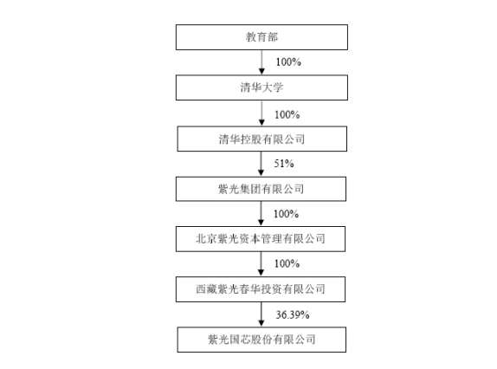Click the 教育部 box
(x=261, y=37)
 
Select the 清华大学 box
(x=261, y=87)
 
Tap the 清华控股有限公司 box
(x=261, y=139)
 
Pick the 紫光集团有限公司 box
(x=261, y=189)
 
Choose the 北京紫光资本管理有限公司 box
(x=261, y=239)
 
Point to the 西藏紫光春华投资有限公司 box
(x=261, y=289)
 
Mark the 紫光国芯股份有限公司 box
(x=261, y=340)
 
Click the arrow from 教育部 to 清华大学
(x=261, y=62)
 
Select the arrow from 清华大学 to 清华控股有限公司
(x=261, y=113)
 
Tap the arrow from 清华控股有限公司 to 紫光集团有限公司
(x=261, y=164)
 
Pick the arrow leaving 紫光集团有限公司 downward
(x=261, y=214)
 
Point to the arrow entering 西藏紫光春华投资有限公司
(x=261, y=264)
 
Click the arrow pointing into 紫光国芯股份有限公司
(x=261, y=314)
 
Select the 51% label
(x=284, y=164)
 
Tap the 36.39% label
(x=293, y=314)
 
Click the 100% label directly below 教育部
(x=288, y=61)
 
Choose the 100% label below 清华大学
(x=287, y=114)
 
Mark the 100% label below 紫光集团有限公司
(x=287, y=214)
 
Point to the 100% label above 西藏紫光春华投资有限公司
(x=287, y=263)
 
